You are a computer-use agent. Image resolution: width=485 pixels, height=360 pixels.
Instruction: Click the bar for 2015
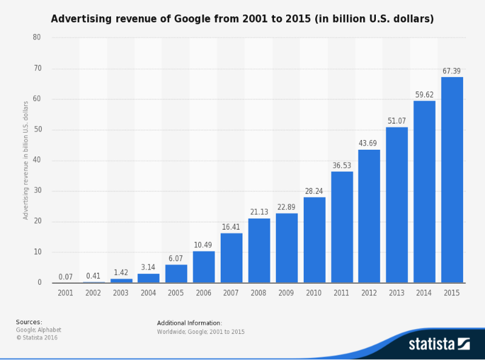coord(452,180)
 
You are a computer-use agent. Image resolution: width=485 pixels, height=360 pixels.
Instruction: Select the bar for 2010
coord(314,240)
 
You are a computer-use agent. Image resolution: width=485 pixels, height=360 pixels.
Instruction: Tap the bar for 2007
coord(231,258)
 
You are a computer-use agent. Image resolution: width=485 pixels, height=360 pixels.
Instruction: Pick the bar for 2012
coord(369,216)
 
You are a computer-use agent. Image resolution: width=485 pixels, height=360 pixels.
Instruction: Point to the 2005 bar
coord(176,274)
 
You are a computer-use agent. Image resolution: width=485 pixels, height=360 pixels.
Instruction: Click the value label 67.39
coord(452,71)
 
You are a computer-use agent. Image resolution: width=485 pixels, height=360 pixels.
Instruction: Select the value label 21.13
coord(259,212)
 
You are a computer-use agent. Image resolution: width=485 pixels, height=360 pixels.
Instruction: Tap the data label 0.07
coord(65,277)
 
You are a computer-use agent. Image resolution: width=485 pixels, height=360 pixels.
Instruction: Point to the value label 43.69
coord(369,143)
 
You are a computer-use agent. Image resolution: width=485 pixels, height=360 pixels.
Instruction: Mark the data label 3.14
coord(149,267)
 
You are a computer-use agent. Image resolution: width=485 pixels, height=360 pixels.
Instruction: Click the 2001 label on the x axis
coord(65,293)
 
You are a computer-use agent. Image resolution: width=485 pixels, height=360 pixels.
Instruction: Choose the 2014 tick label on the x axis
coord(424,293)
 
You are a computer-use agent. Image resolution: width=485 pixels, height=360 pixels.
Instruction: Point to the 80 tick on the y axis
coord(37,38)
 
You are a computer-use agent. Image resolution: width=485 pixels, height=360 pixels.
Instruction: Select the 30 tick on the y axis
coord(37,191)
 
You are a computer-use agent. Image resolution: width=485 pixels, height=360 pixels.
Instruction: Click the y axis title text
coord(26,160)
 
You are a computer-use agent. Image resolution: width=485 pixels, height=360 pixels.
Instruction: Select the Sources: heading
coord(29,322)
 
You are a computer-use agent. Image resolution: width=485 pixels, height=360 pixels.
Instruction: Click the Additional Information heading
coord(189,323)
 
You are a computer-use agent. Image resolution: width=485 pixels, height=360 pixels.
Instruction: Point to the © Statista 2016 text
coord(36,337)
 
